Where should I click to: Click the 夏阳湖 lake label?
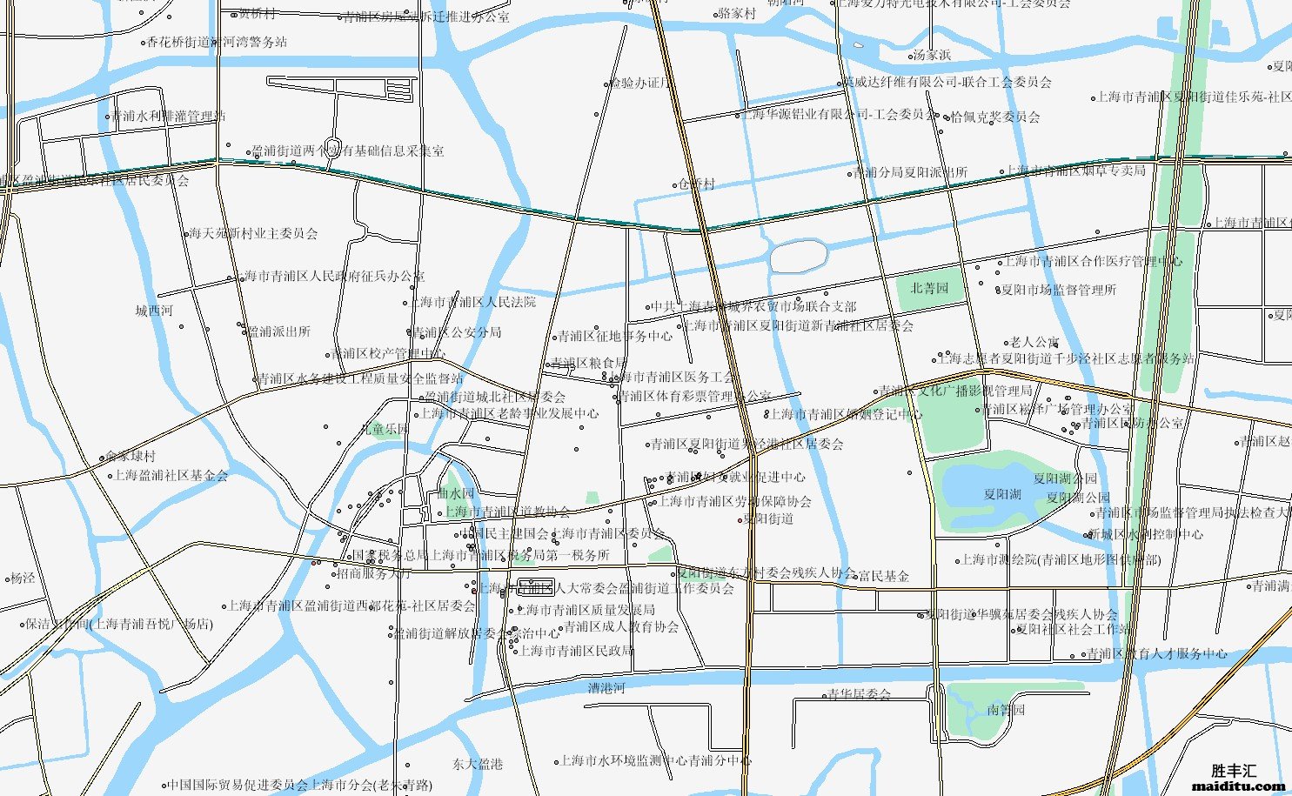(x=1002, y=494)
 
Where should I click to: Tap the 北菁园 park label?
(x=929, y=288)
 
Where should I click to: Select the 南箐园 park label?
(x=1006, y=710)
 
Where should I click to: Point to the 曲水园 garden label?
(x=457, y=494)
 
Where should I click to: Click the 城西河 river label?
(x=154, y=311)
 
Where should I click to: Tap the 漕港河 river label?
(x=606, y=688)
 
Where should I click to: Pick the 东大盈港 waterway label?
(x=478, y=764)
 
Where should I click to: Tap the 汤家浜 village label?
(x=931, y=55)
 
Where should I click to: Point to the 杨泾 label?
(x=23, y=578)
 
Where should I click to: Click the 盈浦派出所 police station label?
(x=278, y=331)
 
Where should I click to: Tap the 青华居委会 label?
(x=858, y=694)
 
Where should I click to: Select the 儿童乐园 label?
(x=385, y=429)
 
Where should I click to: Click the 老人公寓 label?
(x=1034, y=343)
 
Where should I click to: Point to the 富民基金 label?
(x=883, y=576)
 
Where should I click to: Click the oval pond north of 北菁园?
(x=797, y=255)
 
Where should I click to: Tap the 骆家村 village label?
(x=736, y=14)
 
